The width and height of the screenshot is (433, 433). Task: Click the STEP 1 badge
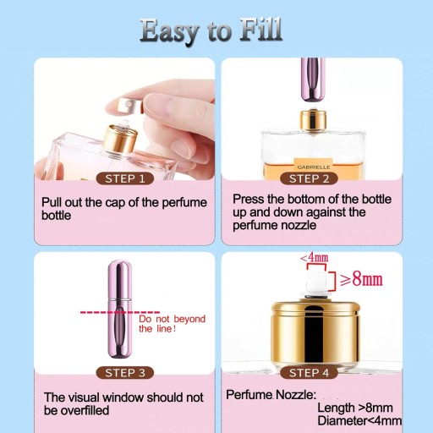pyautogui.click(x=125, y=178)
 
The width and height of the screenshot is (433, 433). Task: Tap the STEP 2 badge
pyautogui.click(x=309, y=178)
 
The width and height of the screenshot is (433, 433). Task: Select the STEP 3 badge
pyautogui.click(x=125, y=373)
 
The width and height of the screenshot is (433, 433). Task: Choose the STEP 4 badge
pyautogui.click(x=309, y=373)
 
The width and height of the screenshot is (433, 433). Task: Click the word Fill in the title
pyautogui.click(x=261, y=30)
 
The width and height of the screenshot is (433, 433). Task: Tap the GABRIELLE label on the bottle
pyautogui.click(x=314, y=167)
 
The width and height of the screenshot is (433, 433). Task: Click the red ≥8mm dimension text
pyautogui.click(x=361, y=279)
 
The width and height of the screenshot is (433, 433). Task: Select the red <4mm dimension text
pyautogui.click(x=315, y=257)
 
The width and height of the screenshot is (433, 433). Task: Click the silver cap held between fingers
pyautogui.click(x=129, y=106)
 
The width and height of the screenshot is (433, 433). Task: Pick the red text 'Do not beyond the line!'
pyautogui.click(x=172, y=324)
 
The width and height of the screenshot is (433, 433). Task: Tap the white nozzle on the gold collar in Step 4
pyautogui.click(x=316, y=282)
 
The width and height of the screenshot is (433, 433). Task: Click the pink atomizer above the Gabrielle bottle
pyautogui.click(x=313, y=80)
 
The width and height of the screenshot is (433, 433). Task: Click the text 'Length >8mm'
pyautogui.click(x=355, y=408)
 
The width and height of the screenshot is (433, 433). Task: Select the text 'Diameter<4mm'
pyautogui.click(x=359, y=420)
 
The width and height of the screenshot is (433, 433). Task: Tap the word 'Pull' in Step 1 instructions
pyautogui.click(x=52, y=202)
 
